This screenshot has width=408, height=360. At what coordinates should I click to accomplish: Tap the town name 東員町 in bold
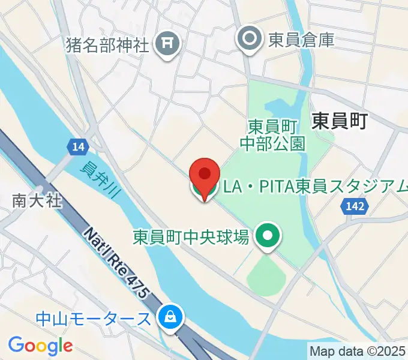click(x=339, y=121)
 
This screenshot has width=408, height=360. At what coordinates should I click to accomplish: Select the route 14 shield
click(x=77, y=146)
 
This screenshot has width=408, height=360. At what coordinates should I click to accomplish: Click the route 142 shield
click(x=355, y=206)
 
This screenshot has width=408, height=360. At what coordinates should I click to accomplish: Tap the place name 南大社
click(x=37, y=200)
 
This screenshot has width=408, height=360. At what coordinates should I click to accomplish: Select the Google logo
click(x=40, y=346)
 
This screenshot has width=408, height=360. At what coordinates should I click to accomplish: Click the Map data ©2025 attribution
click(x=358, y=350)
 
